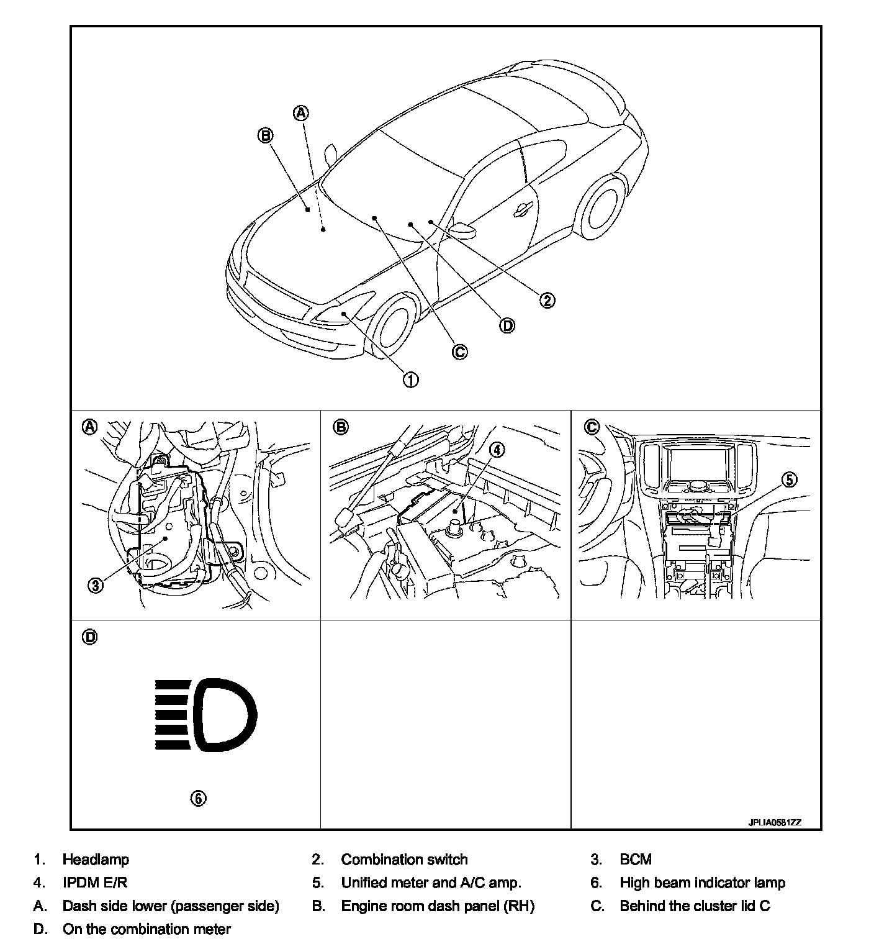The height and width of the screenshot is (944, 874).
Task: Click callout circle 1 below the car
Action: coord(411,379)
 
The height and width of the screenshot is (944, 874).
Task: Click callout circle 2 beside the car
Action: coord(546,301)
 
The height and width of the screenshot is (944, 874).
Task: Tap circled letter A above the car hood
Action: coord(300,113)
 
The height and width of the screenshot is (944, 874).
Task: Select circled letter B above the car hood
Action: coord(266,135)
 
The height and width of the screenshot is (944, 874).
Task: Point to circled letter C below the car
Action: coord(459,352)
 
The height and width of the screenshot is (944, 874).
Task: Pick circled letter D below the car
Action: coord(507,325)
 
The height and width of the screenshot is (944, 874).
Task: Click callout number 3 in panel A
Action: coord(95,585)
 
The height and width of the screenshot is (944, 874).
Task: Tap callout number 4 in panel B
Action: coord(498,449)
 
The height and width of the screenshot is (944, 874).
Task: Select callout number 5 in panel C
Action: coord(788,479)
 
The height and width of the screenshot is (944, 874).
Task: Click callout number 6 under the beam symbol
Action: coord(197,799)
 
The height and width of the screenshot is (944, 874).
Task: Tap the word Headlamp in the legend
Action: coord(96,860)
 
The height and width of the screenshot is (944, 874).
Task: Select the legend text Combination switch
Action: coord(404,860)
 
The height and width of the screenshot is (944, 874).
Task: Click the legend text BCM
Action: coord(636,860)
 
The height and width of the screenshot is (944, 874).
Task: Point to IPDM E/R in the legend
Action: coord(95,883)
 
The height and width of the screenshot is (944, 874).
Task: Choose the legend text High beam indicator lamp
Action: coord(702,883)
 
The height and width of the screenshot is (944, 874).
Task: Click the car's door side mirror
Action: coord(462,230)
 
